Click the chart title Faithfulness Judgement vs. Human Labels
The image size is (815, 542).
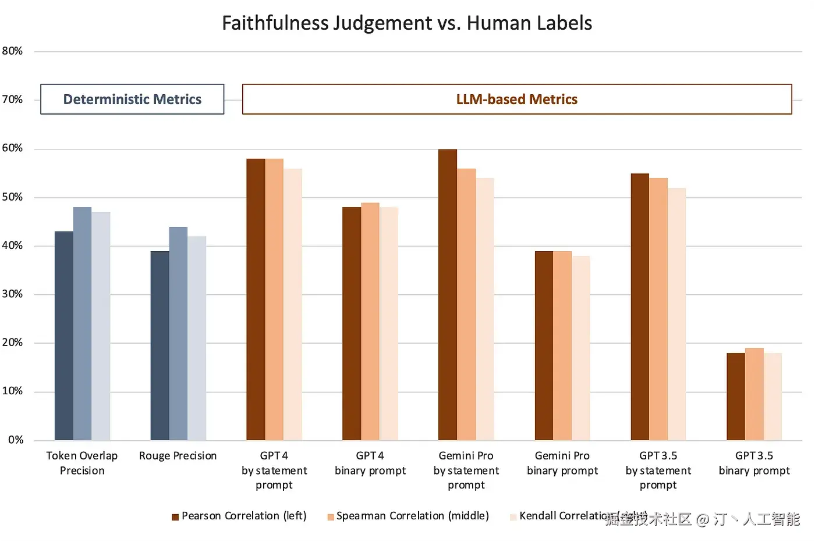[407, 23]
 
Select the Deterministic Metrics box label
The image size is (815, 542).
[132, 99]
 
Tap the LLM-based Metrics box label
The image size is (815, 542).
[516, 99]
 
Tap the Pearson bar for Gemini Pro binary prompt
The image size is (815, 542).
[544, 345]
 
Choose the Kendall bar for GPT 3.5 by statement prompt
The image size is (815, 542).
[676, 314]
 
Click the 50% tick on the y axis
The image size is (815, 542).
[12, 197]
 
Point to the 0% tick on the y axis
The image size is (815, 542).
[16, 440]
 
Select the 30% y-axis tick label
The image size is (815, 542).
[12, 294]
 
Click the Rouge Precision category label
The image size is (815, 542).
[178, 456]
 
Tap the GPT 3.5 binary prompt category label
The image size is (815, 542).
[754, 463]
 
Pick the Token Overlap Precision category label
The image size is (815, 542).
[82, 463]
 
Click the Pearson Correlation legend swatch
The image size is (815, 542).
[175, 517]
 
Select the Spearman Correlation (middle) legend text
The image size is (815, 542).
[413, 516]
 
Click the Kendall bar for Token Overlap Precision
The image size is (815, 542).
[101, 326]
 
